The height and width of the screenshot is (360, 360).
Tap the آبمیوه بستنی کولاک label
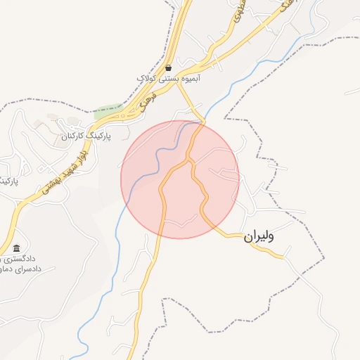169,79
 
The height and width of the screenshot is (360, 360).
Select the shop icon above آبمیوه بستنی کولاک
169,68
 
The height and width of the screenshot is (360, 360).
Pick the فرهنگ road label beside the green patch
146,103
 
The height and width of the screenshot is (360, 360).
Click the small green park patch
108,111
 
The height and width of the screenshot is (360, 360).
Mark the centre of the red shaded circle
180,179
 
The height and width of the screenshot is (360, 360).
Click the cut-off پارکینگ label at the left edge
7,181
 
